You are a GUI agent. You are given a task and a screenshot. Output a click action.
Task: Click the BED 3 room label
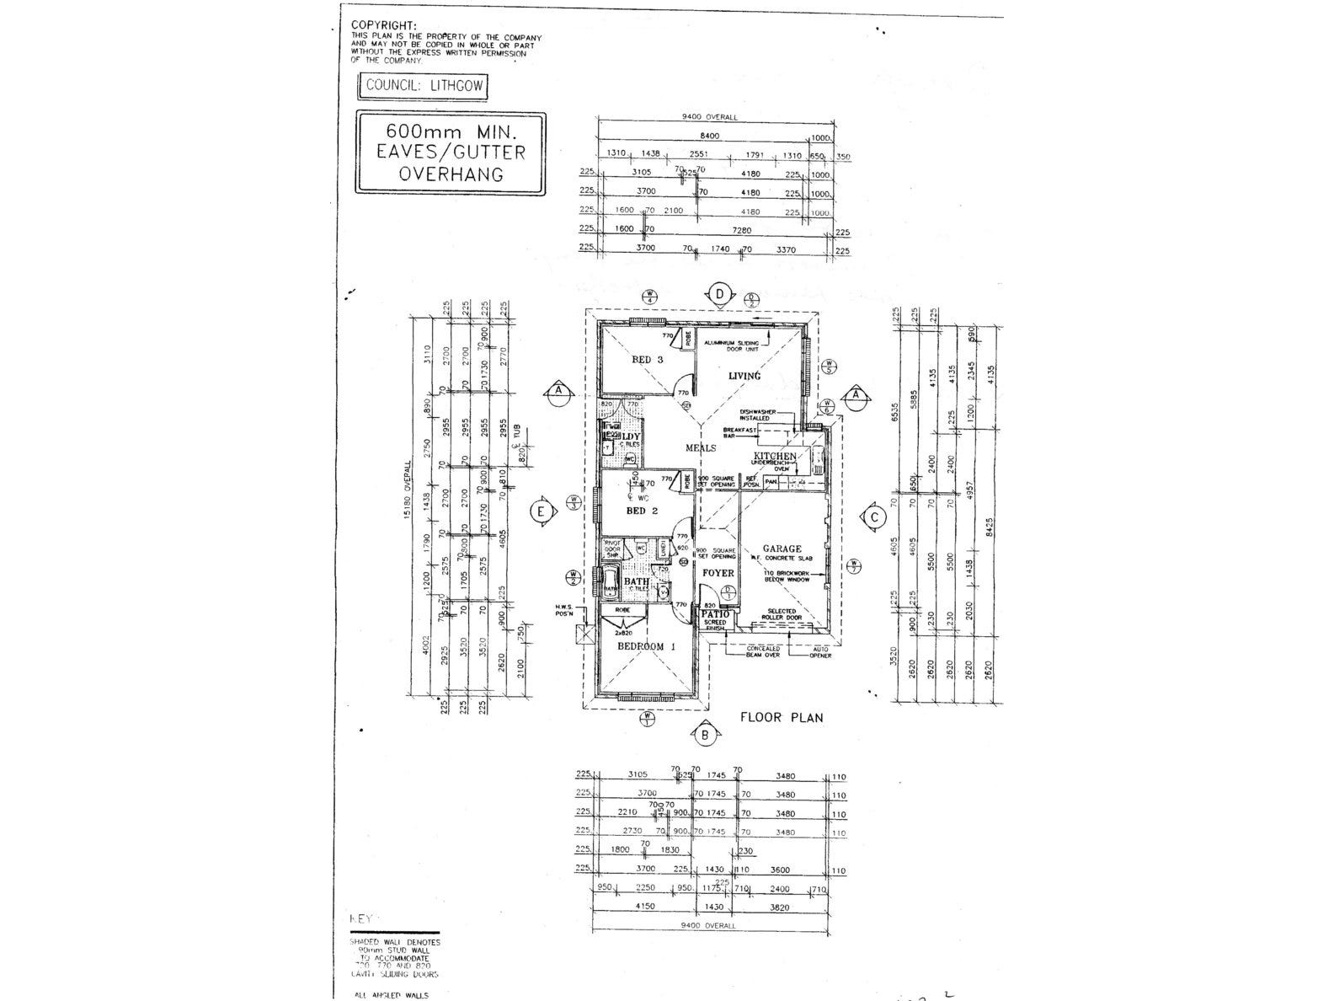pyautogui.click(x=648, y=360)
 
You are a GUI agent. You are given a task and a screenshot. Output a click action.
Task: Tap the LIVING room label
pyautogui.click(x=744, y=376)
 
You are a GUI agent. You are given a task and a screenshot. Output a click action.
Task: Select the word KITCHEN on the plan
pyautogui.click(x=774, y=456)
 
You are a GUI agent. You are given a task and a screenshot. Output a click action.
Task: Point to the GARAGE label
pyautogui.click(x=782, y=549)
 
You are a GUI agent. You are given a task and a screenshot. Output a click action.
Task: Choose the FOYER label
pyautogui.click(x=718, y=573)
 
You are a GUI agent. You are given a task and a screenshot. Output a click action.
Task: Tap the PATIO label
pyautogui.click(x=715, y=614)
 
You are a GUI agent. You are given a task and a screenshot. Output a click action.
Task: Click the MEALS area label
pyautogui.click(x=700, y=448)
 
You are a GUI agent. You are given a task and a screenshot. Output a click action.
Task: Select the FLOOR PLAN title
pyautogui.click(x=781, y=718)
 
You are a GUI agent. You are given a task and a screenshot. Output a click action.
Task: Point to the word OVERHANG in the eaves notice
pyautogui.click(x=451, y=174)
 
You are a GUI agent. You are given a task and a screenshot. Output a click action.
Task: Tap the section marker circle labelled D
pyautogui.click(x=719, y=294)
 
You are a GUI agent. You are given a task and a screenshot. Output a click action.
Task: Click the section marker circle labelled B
pyautogui.click(x=705, y=736)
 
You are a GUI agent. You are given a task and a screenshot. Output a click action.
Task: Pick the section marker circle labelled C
pyautogui.click(x=874, y=517)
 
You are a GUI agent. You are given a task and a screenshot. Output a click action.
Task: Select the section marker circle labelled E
pyautogui.click(x=543, y=511)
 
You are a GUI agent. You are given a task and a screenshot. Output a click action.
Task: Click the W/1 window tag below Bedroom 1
pyautogui.click(x=648, y=719)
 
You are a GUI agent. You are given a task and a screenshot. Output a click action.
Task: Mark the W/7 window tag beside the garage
pyautogui.click(x=854, y=566)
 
